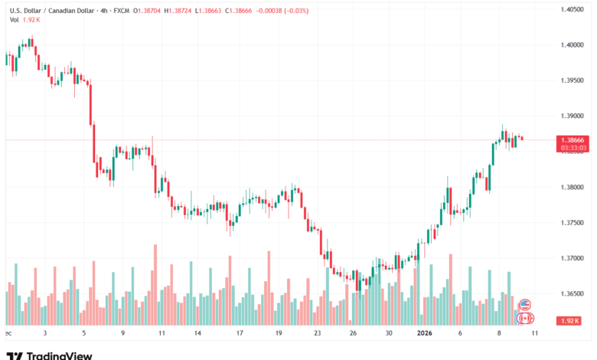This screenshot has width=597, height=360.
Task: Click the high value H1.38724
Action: [x=181, y=9]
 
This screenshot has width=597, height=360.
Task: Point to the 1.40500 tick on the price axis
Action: [x=566, y=9]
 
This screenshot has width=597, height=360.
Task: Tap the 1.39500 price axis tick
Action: [x=566, y=80]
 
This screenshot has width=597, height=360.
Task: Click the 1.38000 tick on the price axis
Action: [x=566, y=187]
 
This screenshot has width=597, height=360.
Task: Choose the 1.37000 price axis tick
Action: [x=566, y=258]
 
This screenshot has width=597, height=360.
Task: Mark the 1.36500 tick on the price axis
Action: [x=566, y=293]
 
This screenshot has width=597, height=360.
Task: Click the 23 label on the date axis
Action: [x=317, y=333]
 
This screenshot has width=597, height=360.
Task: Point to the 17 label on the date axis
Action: [x=239, y=333]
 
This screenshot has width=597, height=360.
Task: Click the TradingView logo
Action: [x=49, y=355]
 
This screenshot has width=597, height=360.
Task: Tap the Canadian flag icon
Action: [x=525, y=317]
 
